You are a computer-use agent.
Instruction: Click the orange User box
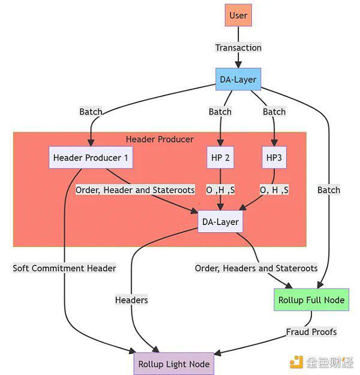click(238, 16)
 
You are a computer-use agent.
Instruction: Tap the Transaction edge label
click(238, 47)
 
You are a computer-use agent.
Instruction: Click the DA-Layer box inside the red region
click(220, 222)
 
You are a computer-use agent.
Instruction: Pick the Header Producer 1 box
click(91, 158)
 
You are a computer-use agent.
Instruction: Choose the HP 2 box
click(220, 158)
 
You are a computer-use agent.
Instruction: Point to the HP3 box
click(274, 158)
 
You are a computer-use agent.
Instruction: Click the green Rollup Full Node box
click(311, 299)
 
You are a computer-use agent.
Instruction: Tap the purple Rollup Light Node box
click(173, 364)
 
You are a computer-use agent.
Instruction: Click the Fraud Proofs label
click(311, 332)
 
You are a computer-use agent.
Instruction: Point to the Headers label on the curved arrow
click(131, 299)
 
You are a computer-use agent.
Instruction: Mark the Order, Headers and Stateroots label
click(256, 268)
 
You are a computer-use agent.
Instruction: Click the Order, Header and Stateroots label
click(135, 190)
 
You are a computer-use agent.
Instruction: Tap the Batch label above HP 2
click(220, 112)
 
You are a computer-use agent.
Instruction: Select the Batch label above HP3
click(274, 112)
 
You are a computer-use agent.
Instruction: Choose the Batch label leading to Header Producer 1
click(91, 112)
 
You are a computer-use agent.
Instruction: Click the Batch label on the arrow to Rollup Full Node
click(329, 190)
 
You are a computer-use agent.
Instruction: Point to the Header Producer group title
click(160, 139)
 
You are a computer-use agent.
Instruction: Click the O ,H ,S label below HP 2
click(220, 190)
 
